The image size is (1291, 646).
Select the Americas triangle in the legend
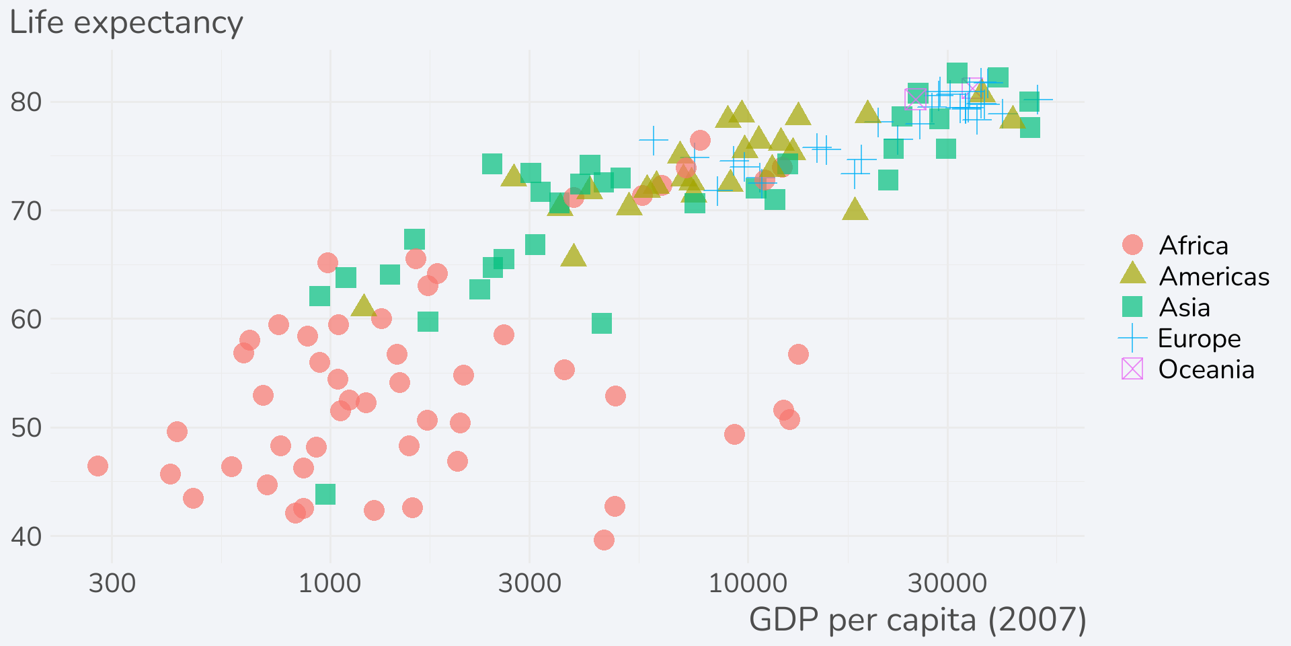(x=1132, y=274)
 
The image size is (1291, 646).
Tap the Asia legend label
(x=1185, y=308)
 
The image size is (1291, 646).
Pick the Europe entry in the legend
(x=1199, y=338)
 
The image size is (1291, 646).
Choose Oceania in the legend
(x=1206, y=369)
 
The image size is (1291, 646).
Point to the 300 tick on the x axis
(x=112, y=583)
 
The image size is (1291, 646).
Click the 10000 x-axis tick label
(x=748, y=583)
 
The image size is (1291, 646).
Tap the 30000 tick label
(x=947, y=583)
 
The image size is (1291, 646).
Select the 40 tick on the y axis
(x=26, y=537)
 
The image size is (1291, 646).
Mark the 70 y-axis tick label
(x=26, y=211)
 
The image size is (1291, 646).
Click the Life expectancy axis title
(x=126, y=23)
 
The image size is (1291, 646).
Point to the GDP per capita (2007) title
(x=917, y=620)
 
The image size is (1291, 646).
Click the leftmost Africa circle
(x=97, y=466)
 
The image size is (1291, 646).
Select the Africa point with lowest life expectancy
(x=604, y=540)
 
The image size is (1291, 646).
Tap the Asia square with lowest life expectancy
(x=325, y=495)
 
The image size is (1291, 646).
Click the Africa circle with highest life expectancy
(x=700, y=140)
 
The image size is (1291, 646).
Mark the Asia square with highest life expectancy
(x=957, y=73)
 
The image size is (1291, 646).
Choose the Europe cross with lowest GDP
(x=653, y=140)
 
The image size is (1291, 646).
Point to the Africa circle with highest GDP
(x=798, y=354)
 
